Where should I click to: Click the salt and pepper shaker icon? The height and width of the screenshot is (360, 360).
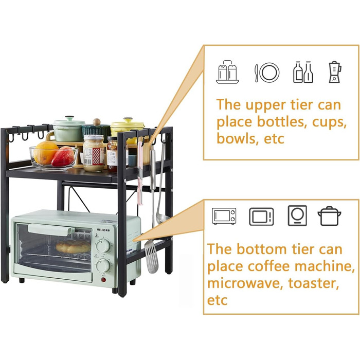coord(227,71)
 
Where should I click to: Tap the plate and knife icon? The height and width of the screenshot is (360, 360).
coord(267,73)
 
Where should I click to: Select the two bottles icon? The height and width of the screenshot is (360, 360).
coord(303,72)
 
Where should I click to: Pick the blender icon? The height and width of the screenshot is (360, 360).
coord(335,71)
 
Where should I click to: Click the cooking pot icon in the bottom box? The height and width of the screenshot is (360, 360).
coord(329,216)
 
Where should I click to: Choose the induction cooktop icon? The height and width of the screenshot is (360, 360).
coord(297,215)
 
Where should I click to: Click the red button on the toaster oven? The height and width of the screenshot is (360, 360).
coord(103,279)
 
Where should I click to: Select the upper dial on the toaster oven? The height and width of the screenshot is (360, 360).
coord(103,246)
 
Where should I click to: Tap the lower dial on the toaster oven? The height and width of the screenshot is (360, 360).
coord(103,266)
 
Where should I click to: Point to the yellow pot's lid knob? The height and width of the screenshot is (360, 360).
coord(128,120)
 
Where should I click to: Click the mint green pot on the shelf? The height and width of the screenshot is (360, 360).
coord(68,129)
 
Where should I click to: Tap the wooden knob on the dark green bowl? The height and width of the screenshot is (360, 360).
coord(97,121)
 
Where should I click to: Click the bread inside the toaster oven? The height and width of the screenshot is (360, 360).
coord(73,247)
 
